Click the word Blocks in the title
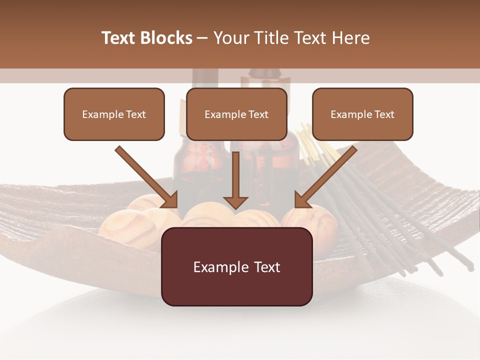click(167, 38)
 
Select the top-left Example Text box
click(114, 114)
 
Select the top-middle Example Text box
click(236, 114)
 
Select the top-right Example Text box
click(362, 114)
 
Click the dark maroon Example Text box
click(236, 266)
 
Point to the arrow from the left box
click(146, 176)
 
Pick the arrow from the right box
click(326, 176)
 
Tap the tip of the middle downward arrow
click(235, 208)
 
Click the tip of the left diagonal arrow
click(176, 206)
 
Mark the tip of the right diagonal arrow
click(295, 206)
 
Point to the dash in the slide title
click(202, 38)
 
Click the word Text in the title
click(120, 38)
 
